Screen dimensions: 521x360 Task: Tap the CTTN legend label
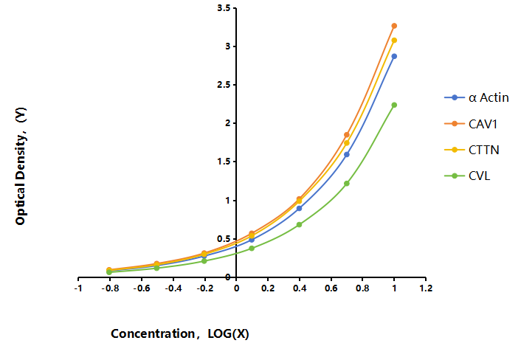click(x=484, y=150)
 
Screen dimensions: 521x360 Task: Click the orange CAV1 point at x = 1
click(x=394, y=26)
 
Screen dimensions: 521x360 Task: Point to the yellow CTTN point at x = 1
click(x=394, y=40)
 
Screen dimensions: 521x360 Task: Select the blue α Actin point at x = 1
click(x=394, y=57)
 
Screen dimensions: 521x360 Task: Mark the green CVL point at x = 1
click(x=394, y=105)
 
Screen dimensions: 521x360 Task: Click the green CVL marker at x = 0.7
click(x=347, y=184)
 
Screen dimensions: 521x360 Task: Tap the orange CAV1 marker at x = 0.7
click(x=347, y=135)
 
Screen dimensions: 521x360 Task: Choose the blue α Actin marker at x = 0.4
click(x=299, y=208)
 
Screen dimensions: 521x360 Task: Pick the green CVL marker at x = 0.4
click(x=299, y=224)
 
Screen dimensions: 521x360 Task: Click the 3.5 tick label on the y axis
click(x=224, y=8)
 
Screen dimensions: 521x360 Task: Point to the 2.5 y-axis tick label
click(x=224, y=85)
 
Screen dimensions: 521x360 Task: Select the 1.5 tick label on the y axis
click(x=224, y=162)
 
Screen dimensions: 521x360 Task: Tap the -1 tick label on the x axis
click(x=78, y=288)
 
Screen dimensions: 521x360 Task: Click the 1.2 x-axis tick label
click(x=426, y=288)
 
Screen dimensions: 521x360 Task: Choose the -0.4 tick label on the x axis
click(x=173, y=288)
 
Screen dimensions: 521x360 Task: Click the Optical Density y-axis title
click(x=20, y=166)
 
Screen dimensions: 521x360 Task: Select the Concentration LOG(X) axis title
click(x=180, y=333)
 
